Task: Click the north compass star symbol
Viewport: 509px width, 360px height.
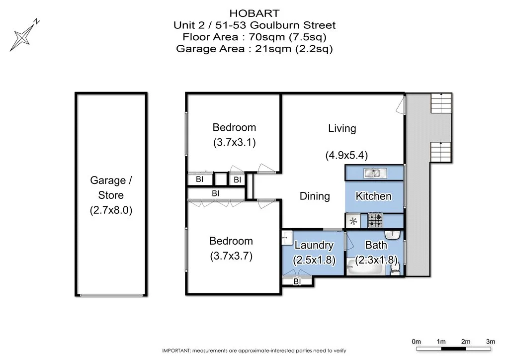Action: (22, 37)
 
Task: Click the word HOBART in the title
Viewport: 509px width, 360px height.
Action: (254, 13)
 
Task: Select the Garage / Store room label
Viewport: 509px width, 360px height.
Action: (111, 187)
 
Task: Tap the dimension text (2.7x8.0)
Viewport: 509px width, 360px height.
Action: (111, 210)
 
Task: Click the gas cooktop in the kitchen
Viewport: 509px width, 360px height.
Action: (375, 220)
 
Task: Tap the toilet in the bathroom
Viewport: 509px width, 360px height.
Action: (395, 268)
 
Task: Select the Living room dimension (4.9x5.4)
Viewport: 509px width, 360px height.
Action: (346, 155)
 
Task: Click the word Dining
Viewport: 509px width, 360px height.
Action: (315, 196)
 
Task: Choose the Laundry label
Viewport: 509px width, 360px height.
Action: (314, 245)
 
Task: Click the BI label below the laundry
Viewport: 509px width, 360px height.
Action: (297, 282)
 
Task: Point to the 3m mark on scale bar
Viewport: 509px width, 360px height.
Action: (491, 342)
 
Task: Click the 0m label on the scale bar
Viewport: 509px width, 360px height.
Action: (417, 342)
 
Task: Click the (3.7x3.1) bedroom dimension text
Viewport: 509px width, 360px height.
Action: (234, 143)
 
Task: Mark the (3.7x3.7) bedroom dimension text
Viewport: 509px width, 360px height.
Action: (231, 257)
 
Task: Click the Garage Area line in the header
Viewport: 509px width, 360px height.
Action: (254, 49)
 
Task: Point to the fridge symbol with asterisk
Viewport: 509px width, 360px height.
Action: (354, 221)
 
